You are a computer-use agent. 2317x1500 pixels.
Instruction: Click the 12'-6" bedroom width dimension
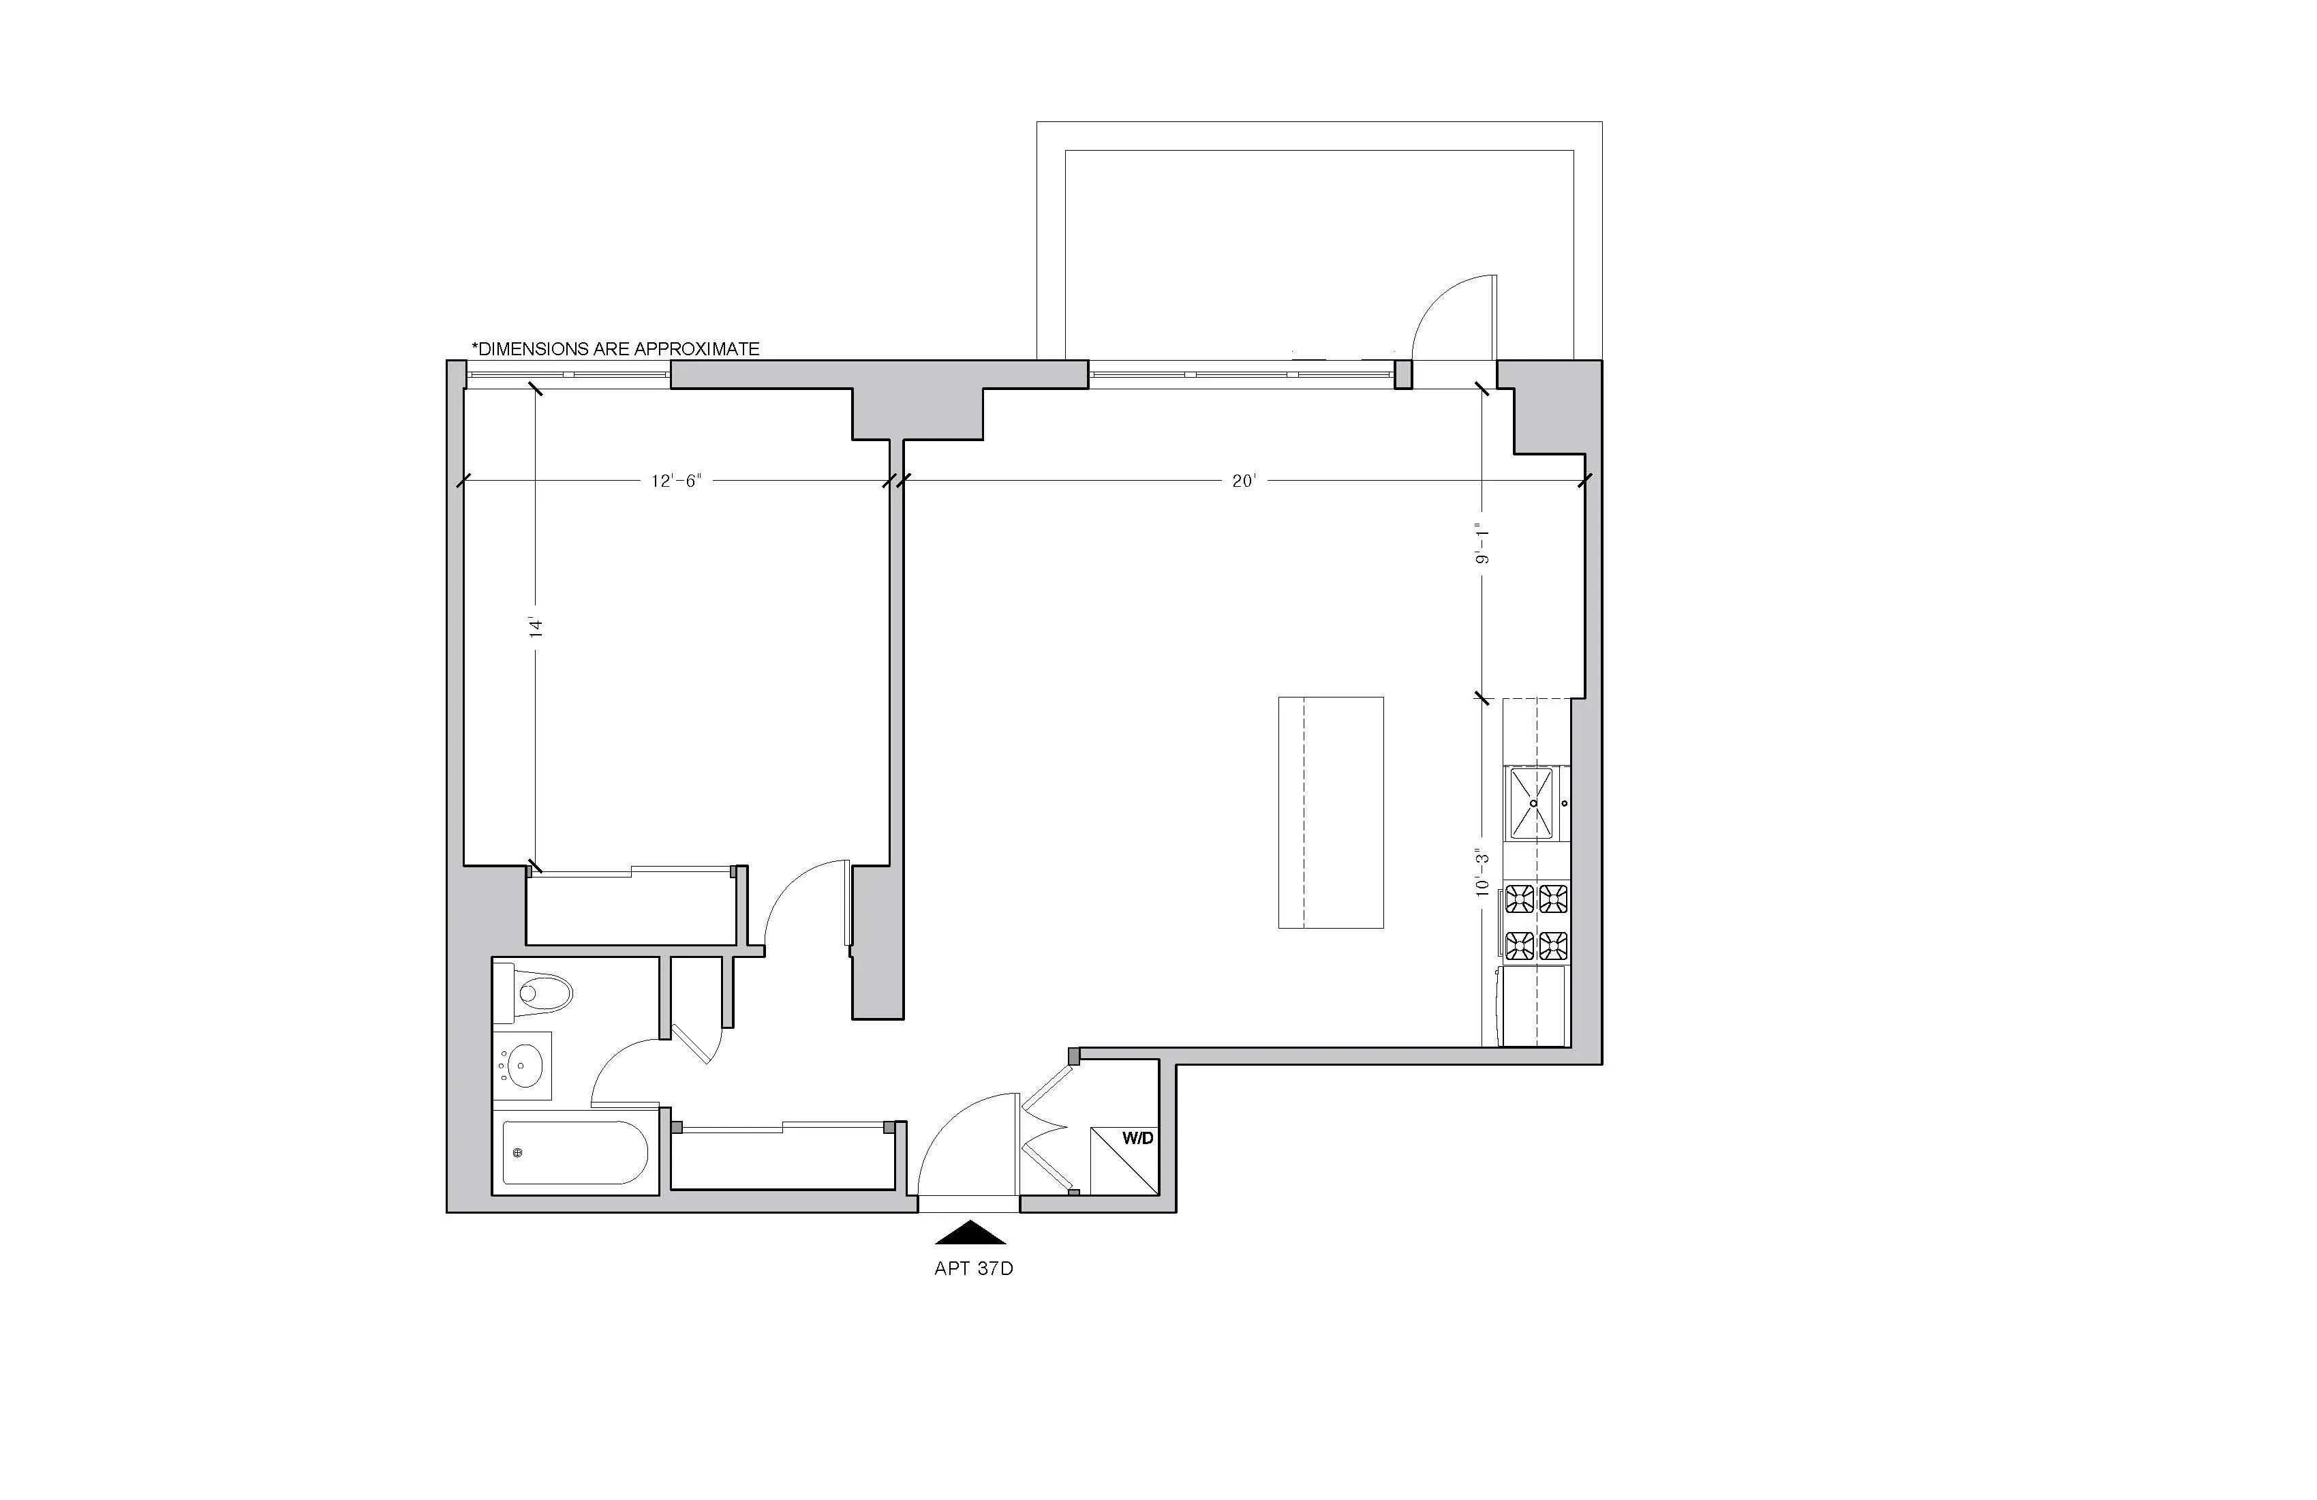(x=675, y=481)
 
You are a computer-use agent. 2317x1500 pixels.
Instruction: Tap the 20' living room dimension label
(x=1244, y=481)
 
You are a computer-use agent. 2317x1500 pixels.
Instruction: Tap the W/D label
(x=1137, y=1138)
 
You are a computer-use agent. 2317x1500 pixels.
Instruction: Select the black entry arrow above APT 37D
(x=970, y=1233)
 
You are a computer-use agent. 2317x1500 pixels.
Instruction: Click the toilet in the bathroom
(x=536, y=993)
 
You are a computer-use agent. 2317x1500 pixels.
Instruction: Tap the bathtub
(x=574, y=1153)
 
